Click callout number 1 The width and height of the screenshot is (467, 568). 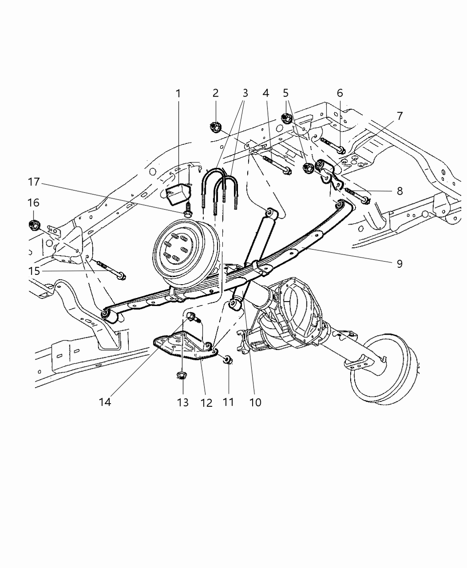click(178, 94)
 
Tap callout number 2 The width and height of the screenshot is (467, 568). click(216, 93)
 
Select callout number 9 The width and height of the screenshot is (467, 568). click(399, 264)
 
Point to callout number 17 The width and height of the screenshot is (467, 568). click(34, 182)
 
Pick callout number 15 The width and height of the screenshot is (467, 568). click(35, 271)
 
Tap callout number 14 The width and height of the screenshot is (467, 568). click(105, 402)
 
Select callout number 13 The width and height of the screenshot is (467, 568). click(183, 402)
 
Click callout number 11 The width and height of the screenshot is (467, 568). click(228, 402)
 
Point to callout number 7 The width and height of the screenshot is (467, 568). click(399, 116)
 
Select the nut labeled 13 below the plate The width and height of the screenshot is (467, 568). click(181, 376)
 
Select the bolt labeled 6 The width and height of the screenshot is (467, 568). click(332, 145)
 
